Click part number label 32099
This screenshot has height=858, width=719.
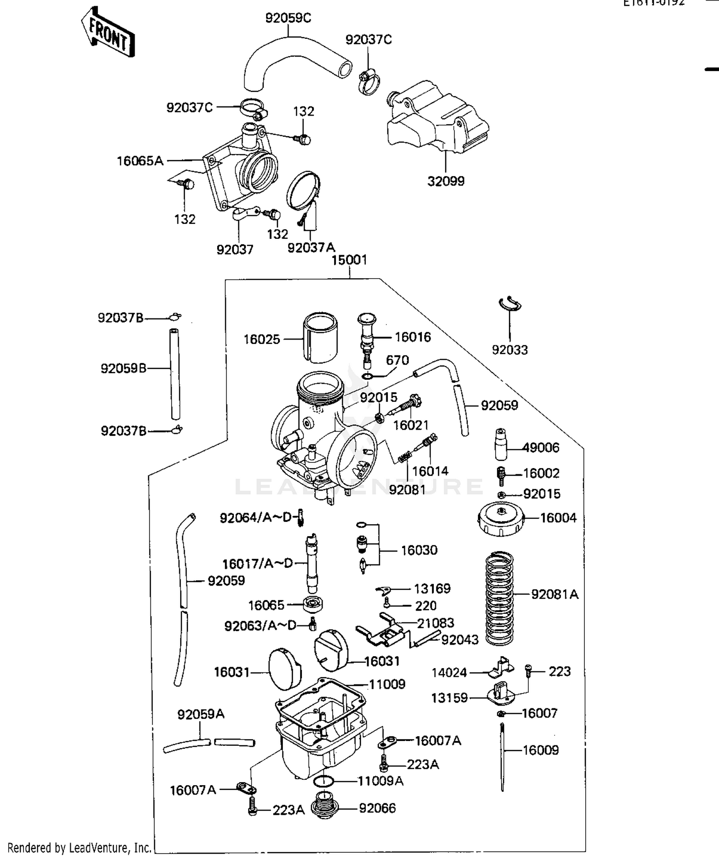(446, 181)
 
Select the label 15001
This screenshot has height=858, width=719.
(349, 260)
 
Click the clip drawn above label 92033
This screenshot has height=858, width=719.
(510, 304)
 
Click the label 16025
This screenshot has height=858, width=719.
(261, 340)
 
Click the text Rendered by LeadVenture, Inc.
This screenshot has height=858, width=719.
(79, 848)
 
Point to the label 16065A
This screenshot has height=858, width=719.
(140, 161)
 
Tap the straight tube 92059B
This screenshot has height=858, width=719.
(175, 374)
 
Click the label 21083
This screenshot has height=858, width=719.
(435, 623)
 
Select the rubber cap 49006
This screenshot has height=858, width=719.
(501, 445)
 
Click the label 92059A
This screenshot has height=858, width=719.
(201, 715)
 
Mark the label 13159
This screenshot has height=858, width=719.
(449, 698)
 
